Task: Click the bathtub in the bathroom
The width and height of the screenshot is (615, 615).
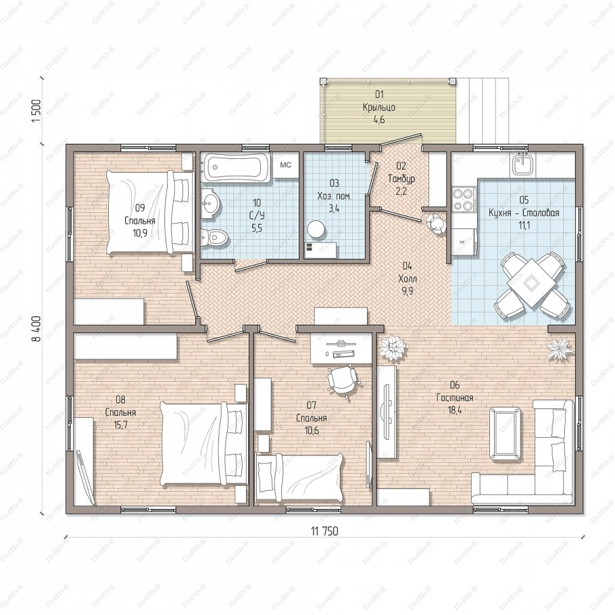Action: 236,168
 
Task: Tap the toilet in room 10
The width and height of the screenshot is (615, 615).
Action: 214,237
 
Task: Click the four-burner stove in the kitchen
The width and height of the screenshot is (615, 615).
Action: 464,199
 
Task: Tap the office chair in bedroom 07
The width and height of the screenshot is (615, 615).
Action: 343,379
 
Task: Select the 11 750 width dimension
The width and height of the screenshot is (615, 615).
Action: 324,531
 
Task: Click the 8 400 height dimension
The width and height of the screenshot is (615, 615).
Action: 36,329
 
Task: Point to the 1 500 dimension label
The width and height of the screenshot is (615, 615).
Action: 36,111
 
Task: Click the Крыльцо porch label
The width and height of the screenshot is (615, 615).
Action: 379,107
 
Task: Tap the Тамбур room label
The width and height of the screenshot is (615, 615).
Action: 401,179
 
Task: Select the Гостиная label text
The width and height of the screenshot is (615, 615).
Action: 455,397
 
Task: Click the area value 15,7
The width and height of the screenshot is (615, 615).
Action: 121,424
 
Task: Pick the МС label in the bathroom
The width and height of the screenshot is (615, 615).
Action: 286,165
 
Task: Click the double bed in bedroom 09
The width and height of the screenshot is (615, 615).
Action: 151,212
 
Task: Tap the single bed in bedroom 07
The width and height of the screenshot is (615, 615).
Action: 299,477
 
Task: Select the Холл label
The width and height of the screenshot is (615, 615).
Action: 408,279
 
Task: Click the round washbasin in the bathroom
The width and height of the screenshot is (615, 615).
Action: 211,202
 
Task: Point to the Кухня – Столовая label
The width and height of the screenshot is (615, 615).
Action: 524,213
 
